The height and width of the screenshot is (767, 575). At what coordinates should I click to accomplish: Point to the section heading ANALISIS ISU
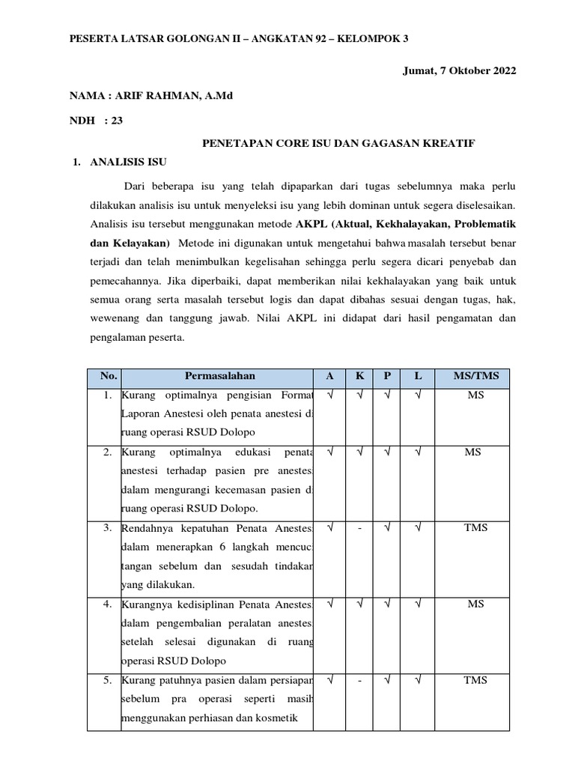pyautogui.click(x=129, y=162)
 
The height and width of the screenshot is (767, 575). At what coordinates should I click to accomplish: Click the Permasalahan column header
pyautogui.click(x=219, y=376)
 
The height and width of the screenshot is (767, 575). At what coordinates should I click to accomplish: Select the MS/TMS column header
pyautogui.click(x=475, y=376)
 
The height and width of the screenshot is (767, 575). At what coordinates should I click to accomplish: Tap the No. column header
pyautogui.click(x=103, y=376)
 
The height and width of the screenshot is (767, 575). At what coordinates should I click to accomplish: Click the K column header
pyautogui.click(x=359, y=376)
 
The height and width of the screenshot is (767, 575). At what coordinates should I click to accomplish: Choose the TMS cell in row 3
pyautogui.click(x=475, y=528)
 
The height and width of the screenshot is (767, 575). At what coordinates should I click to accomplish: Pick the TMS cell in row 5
pyautogui.click(x=475, y=680)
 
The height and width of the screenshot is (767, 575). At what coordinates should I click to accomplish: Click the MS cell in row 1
pyautogui.click(x=475, y=395)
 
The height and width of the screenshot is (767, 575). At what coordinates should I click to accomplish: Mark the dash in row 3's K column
pyautogui.click(x=359, y=528)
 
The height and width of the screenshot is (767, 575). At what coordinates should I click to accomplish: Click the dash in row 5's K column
pyautogui.click(x=359, y=680)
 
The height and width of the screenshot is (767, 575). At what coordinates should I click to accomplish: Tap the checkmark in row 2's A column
pyautogui.click(x=330, y=452)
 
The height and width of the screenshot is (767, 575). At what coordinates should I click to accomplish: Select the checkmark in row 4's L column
pyautogui.click(x=418, y=604)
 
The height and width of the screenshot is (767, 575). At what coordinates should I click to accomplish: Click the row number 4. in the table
pyautogui.click(x=108, y=604)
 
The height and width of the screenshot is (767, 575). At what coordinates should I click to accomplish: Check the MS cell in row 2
pyautogui.click(x=475, y=452)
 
